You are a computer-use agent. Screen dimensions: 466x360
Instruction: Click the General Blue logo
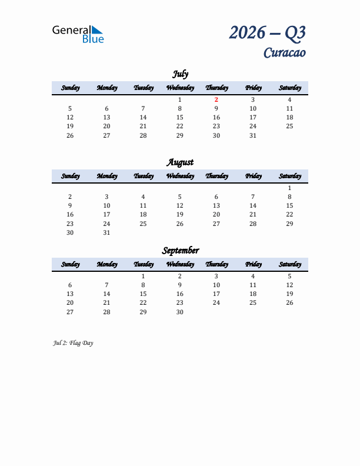click(78, 34)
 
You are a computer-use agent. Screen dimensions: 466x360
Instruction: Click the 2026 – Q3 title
click(267, 32)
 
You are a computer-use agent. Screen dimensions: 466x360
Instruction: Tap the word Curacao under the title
click(284, 53)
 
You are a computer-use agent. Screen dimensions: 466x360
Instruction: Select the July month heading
click(180, 74)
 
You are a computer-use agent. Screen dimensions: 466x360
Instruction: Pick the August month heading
click(180, 162)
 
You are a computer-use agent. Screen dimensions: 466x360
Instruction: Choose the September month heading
click(180, 251)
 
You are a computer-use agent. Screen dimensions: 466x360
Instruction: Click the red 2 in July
click(216, 100)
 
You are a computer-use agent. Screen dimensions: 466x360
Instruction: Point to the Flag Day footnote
click(73, 343)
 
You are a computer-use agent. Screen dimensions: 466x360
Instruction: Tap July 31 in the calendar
click(253, 135)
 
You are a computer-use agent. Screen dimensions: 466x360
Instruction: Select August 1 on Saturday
click(289, 188)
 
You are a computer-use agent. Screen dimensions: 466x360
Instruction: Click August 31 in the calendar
click(106, 232)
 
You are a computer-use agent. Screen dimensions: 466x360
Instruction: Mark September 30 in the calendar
click(180, 312)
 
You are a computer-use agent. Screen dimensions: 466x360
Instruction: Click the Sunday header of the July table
click(70, 88)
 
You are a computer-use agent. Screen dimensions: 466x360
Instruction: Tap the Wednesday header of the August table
click(180, 176)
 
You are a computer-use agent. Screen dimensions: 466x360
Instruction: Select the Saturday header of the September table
click(289, 264)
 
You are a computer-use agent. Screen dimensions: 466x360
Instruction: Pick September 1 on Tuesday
click(143, 276)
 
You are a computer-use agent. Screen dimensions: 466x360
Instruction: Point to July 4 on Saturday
click(289, 100)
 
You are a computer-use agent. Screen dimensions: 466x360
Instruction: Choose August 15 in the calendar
click(289, 206)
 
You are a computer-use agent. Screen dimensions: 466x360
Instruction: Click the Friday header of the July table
click(253, 88)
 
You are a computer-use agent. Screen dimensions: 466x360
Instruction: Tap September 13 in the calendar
click(70, 294)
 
